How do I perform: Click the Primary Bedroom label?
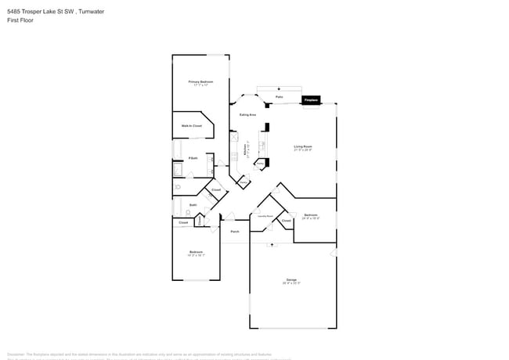coord(200,81)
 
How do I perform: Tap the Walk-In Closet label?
coord(192,125)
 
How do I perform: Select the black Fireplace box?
coord(311,100)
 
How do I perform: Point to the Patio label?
coord(279,97)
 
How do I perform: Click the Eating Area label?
coord(249,115)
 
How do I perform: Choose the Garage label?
coord(291,280)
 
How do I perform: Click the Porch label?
coord(234,231)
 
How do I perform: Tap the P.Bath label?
coord(181,159)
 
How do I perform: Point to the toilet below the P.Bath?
coord(179,188)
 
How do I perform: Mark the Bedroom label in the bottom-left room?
coord(196,252)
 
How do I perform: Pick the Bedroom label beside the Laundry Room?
coord(311,215)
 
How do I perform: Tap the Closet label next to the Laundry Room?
coord(287,221)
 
